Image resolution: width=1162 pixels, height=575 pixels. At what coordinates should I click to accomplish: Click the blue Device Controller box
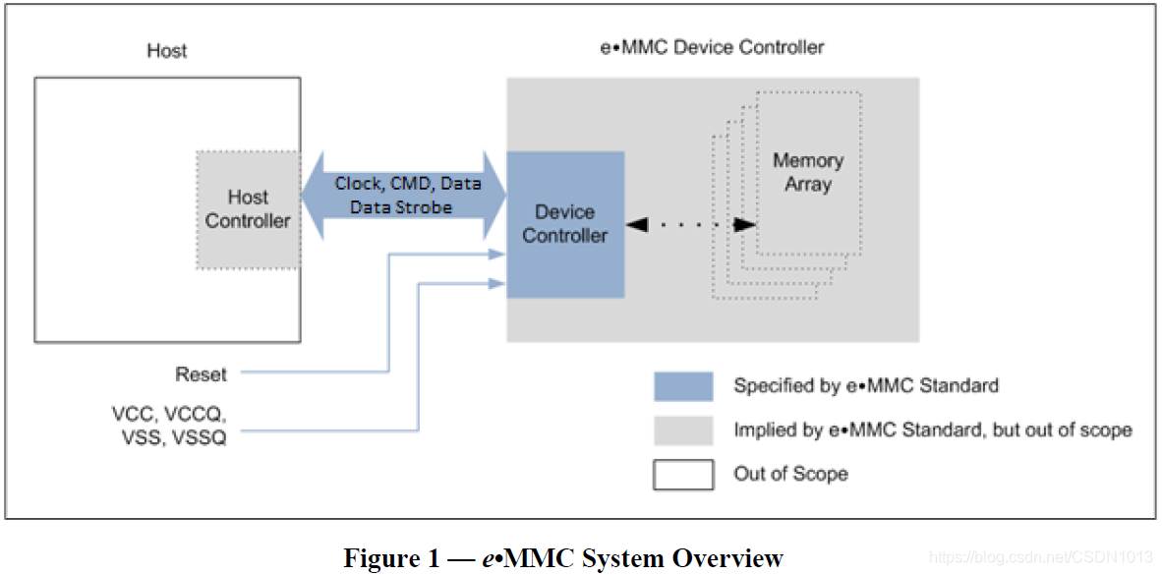click(x=565, y=224)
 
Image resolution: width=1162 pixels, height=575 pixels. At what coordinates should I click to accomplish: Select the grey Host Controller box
click(x=248, y=209)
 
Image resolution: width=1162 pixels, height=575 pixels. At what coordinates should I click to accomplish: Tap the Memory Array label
click(x=808, y=172)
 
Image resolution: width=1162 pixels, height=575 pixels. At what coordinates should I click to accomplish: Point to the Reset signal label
click(x=201, y=374)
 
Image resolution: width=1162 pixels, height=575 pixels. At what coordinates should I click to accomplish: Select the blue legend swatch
click(x=683, y=386)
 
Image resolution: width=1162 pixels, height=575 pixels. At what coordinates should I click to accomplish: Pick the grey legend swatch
click(x=683, y=431)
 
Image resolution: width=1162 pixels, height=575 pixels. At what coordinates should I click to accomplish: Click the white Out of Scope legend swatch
click(x=683, y=475)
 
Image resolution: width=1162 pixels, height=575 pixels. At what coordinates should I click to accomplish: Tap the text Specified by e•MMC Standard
click(x=865, y=386)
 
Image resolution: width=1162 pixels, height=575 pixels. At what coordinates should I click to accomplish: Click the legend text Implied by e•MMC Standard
click(x=932, y=431)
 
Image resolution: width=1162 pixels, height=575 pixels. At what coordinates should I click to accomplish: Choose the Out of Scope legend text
click(x=790, y=475)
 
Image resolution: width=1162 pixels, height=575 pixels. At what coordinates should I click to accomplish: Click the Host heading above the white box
click(x=166, y=50)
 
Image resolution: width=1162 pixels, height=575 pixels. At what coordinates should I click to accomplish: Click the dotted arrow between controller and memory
click(x=692, y=224)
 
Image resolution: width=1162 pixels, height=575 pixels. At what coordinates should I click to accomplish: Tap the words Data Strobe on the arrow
click(x=401, y=207)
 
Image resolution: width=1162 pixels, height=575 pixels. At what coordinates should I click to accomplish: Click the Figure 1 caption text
click(x=562, y=558)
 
